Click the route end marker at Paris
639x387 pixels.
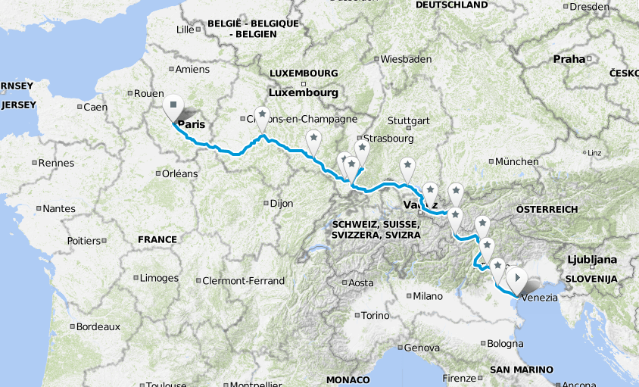coord(173,106)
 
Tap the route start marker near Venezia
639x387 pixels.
coord(517,279)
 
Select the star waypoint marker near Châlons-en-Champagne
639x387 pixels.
coord(262,115)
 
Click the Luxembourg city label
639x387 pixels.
coord(302,92)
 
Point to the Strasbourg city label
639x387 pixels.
coord(388,139)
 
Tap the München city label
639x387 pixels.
coord(517,161)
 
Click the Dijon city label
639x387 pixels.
coord(281,203)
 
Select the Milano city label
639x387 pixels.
coord(427,296)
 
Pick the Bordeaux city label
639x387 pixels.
coord(97,327)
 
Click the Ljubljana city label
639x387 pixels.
coord(591,260)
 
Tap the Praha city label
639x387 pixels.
coord(569,58)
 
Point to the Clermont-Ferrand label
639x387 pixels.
coord(243,281)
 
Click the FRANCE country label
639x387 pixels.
coord(157,239)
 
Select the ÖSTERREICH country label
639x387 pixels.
coord(547,209)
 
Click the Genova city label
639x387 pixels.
coord(422,348)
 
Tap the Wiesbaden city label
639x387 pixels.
coord(405,59)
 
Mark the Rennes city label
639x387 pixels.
coord(57,163)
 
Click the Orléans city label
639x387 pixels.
coord(179,173)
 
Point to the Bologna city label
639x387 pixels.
coord(504,344)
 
